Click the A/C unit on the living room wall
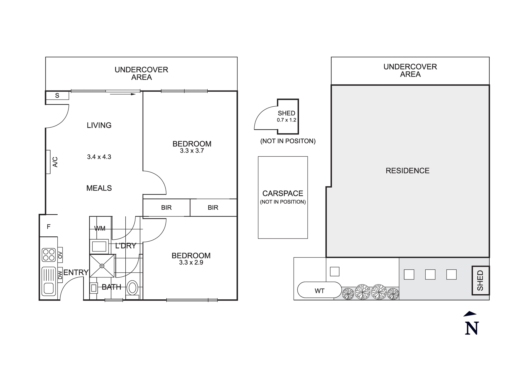click(48, 162)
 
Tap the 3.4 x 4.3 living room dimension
click(99, 157)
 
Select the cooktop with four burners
click(49, 255)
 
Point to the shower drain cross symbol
click(102, 266)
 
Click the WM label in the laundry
click(100, 228)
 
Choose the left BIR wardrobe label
click(166, 208)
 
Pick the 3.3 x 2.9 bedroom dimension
click(191, 263)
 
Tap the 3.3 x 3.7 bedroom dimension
click(192, 151)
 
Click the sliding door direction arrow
click(123, 94)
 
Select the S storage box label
click(57, 96)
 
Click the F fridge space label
click(49, 227)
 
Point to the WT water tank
click(319, 291)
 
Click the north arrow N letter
click(472, 328)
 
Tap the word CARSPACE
click(283, 193)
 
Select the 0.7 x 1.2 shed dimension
click(286, 120)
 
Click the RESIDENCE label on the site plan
click(407, 171)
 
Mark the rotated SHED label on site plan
click(480, 280)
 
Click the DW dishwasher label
click(60, 275)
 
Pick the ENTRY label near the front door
click(76, 272)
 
